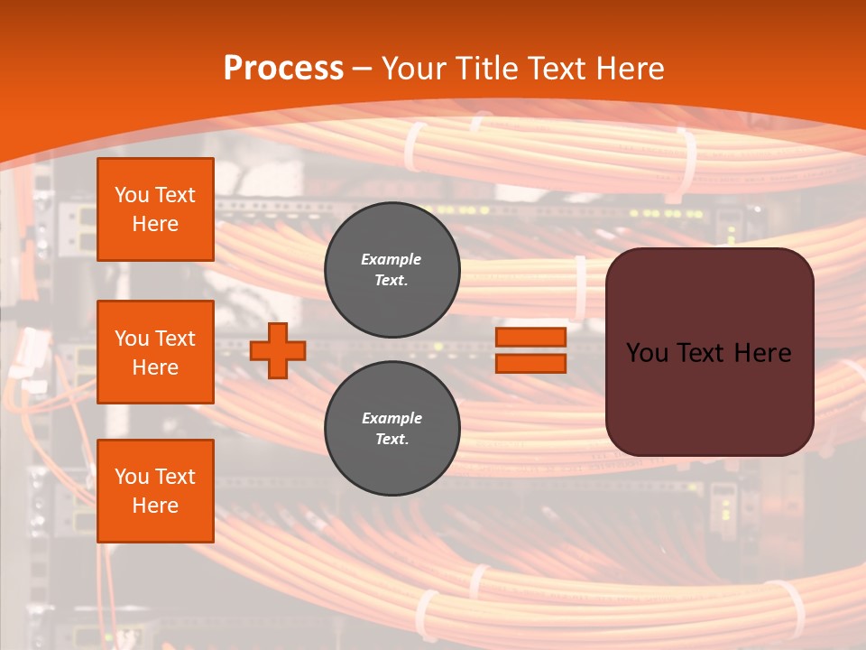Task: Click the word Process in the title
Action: click(283, 69)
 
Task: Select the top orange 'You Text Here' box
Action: click(155, 209)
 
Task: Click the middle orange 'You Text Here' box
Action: click(155, 352)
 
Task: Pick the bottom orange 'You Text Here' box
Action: click(155, 491)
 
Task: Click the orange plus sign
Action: click(278, 351)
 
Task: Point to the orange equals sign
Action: click(530, 350)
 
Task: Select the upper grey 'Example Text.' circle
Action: click(392, 270)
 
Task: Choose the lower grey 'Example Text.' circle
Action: click(392, 429)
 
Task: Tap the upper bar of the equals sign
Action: click(530, 338)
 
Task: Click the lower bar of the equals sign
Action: click(530, 363)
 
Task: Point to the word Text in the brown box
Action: click(705, 352)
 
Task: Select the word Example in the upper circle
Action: click(391, 259)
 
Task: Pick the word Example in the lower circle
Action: click(392, 418)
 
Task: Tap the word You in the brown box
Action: click(648, 352)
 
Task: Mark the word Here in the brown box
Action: click(762, 352)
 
